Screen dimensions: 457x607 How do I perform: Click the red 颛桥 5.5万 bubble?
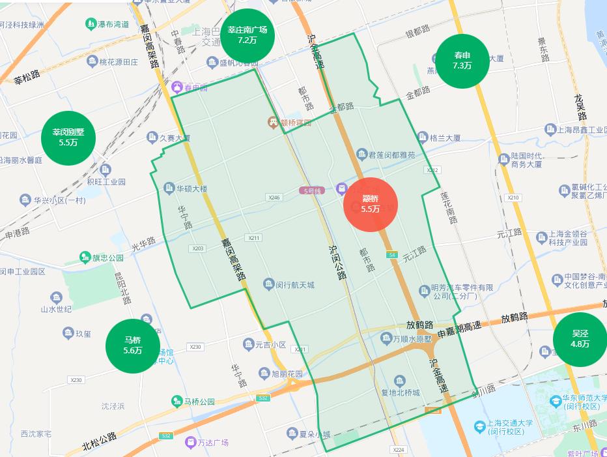(371, 205)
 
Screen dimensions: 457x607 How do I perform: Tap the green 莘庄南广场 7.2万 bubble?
(247, 35)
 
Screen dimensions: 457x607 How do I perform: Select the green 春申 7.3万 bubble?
(462, 61)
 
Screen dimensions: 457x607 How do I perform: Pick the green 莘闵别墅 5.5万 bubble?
(68, 138)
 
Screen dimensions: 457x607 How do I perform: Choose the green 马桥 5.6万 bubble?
(133, 346)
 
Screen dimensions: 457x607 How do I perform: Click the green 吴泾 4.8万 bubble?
(579, 339)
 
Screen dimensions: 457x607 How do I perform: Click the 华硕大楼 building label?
(191, 189)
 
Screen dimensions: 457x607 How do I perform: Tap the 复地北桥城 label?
(419, 392)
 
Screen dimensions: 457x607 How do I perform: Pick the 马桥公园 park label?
(199, 402)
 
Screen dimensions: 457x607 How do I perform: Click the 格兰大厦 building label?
(445, 138)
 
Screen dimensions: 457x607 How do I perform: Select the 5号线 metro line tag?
(314, 190)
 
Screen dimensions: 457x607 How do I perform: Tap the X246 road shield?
(274, 197)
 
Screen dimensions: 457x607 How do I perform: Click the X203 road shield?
(198, 248)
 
